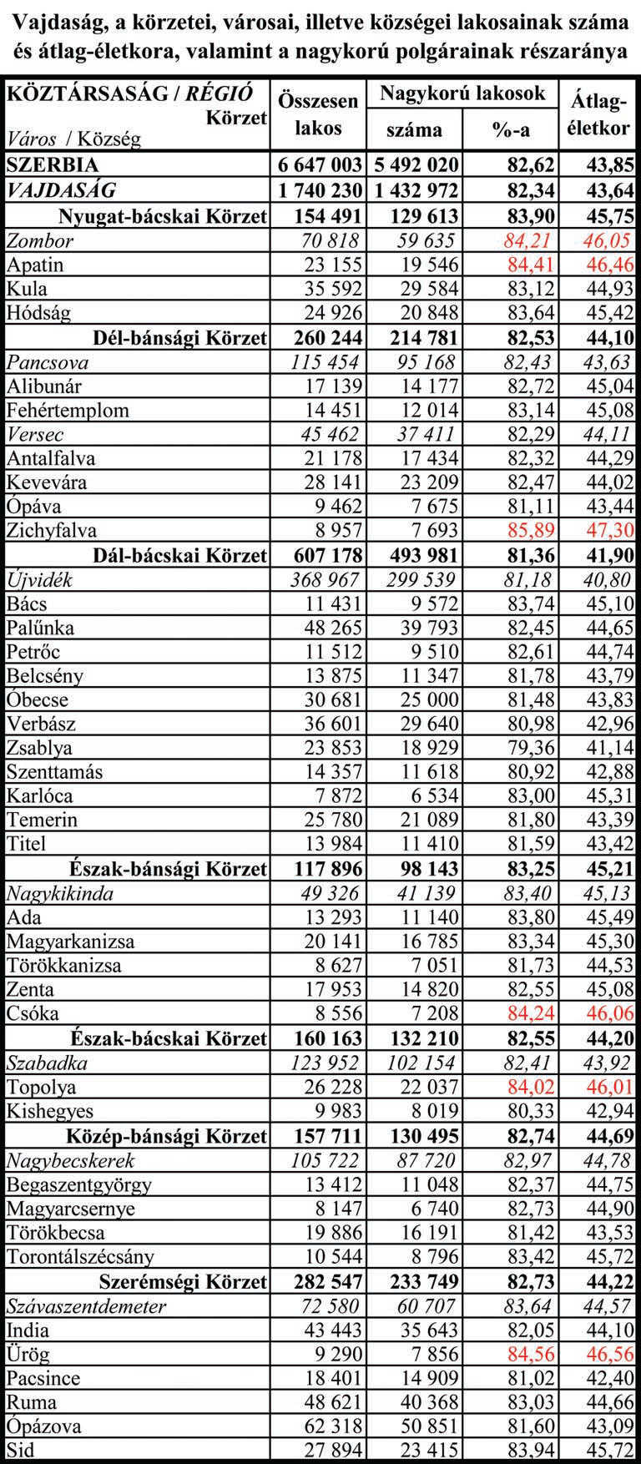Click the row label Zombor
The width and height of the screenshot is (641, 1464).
click(x=40, y=241)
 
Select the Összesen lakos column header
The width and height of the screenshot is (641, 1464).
click(x=317, y=114)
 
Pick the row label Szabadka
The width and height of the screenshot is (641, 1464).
click(x=47, y=1063)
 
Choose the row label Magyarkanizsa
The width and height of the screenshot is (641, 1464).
click(x=70, y=942)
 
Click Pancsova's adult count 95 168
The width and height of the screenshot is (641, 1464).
click(x=422, y=362)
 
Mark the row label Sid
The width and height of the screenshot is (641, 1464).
click(x=21, y=1451)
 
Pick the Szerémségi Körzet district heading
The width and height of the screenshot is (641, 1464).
click(x=183, y=1281)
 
